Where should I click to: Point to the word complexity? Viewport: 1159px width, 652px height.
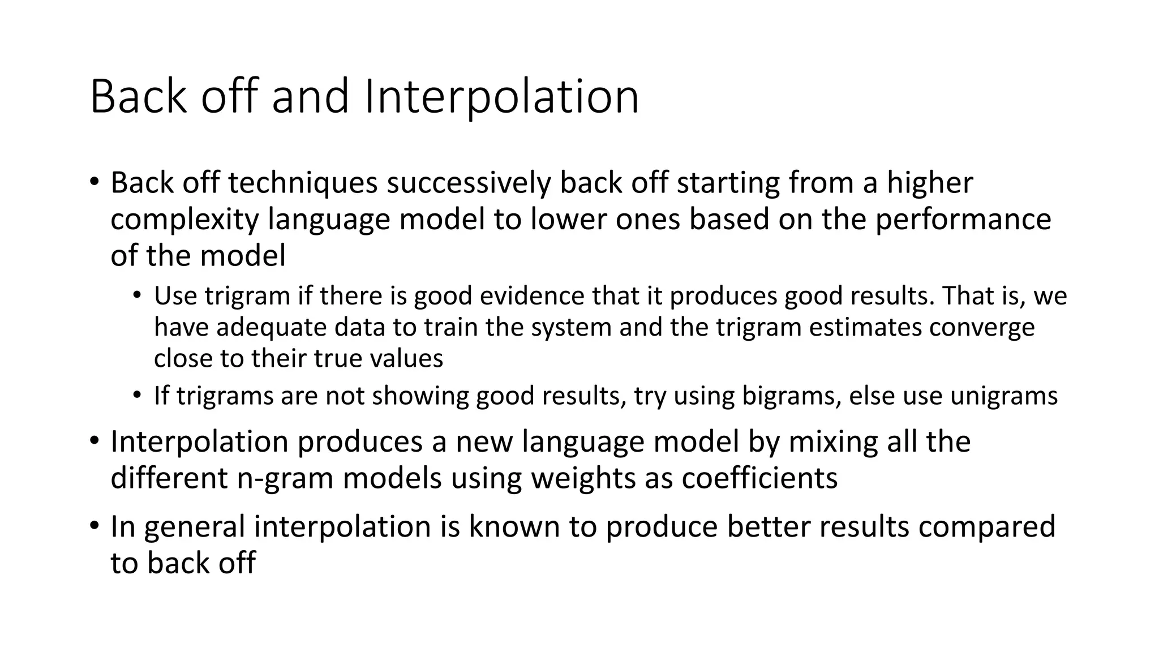click(184, 220)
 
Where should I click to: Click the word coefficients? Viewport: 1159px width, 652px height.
click(759, 478)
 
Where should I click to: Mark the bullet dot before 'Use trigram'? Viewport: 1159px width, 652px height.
click(137, 295)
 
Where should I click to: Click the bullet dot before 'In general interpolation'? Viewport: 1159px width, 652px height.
click(94, 525)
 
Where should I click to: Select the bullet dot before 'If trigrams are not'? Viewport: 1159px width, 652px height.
click(137, 394)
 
